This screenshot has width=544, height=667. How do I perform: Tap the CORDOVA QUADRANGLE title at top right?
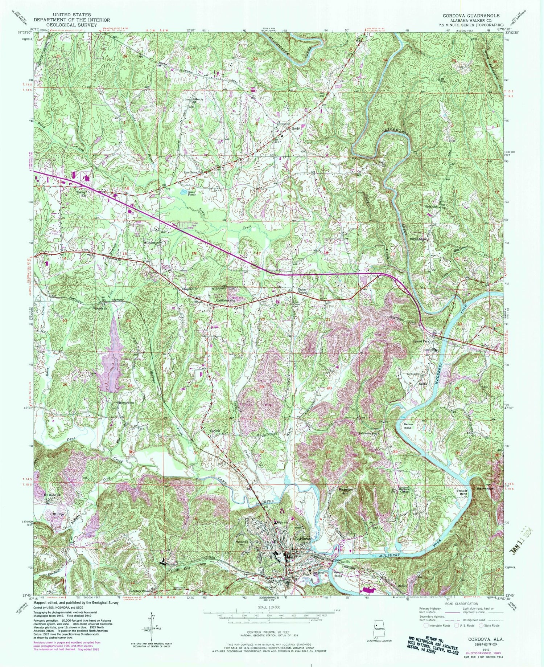click(470, 16)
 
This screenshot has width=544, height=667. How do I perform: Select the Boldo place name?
click(296, 129)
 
